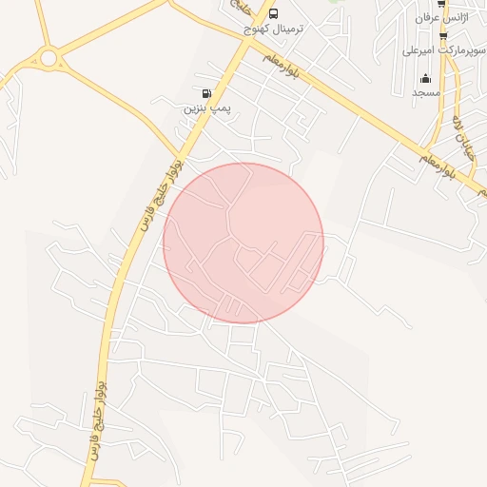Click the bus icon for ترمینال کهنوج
[x=274, y=13]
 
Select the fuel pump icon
[x=206, y=93]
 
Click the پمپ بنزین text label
[x=206, y=108]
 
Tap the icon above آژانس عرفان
[x=441, y=4]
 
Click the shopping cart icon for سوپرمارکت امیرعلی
[x=443, y=36]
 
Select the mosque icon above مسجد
[x=424, y=78]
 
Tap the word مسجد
[x=424, y=93]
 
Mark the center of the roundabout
[x=49, y=59]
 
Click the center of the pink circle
[x=243, y=243]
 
